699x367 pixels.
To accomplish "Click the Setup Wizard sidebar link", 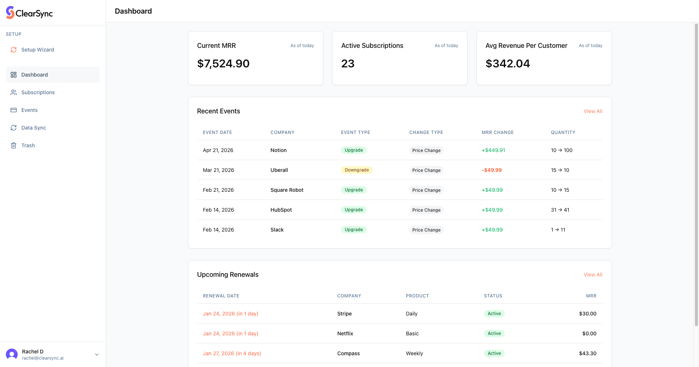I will (37, 50).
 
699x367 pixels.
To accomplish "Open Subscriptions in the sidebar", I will (38, 92).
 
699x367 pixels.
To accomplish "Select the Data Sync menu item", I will (33, 128).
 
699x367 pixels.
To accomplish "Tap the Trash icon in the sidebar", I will (14, 145).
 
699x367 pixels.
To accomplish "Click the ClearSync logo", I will (29, 13).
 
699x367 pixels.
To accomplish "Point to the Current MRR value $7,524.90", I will (223, 64).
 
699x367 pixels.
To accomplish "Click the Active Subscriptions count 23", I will (348, 64).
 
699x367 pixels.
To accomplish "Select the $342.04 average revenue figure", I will (508, 64).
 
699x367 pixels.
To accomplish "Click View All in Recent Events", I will (593, 111).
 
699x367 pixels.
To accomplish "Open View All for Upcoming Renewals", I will (593, 275).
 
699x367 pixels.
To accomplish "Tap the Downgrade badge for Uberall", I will (356, 170).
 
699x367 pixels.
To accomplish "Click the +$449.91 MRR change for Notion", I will (493, 150).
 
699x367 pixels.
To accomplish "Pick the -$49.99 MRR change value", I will (492, 170).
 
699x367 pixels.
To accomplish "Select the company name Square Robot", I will (287, 190).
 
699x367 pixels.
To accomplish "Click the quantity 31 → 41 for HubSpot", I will (560, 210).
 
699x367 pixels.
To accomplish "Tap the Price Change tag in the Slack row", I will (426, 230).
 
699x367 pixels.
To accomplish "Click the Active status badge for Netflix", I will (494, 334).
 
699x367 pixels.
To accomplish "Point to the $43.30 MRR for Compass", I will (588, 353).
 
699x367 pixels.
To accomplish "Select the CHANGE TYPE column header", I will (426, 133).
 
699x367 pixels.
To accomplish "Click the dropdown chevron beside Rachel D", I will (97, 354).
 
